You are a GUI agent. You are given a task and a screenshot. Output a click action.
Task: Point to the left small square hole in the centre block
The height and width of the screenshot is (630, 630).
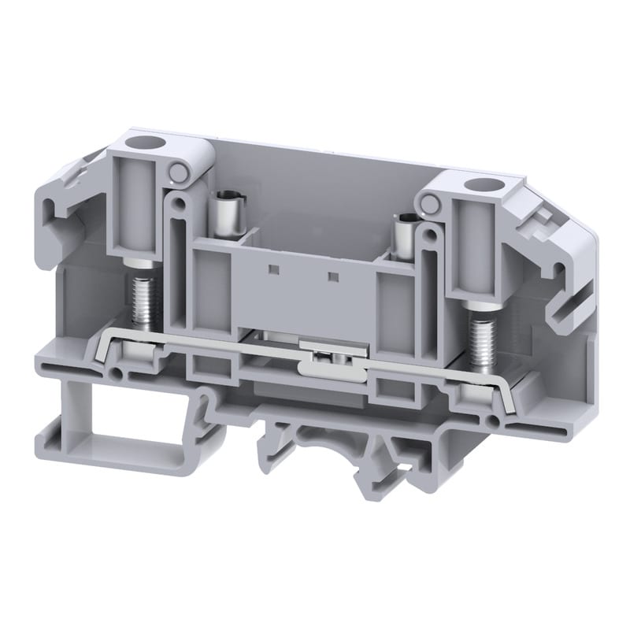click(273, 270)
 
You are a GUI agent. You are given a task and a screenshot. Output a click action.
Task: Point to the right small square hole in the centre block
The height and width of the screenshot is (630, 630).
click(332, 277)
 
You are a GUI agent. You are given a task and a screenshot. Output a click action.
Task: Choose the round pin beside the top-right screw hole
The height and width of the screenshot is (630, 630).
click(430, 206)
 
